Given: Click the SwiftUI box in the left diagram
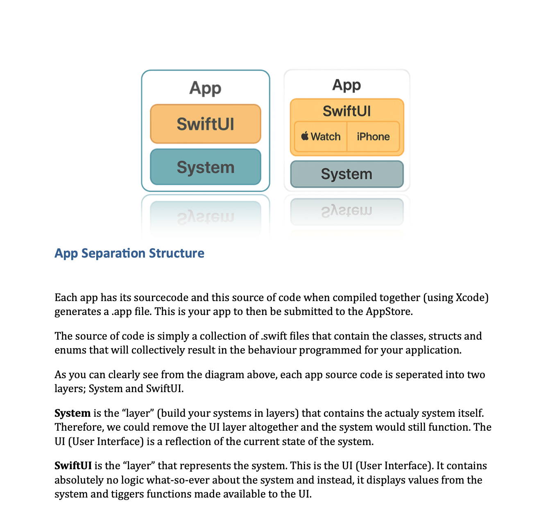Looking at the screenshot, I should tap(205, 124).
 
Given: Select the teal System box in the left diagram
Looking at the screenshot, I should tap(205, 167).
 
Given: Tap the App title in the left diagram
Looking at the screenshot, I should tap(205, 88).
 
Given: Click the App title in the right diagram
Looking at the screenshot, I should tap(346, 85).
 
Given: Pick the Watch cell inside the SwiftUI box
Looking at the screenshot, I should tap(325, 137).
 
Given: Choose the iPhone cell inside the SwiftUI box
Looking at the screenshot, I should tap(373, 137).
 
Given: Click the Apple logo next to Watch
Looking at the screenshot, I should tap(305, 136).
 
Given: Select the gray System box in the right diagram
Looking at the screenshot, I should tap(346, 174).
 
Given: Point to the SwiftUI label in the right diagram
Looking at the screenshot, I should tap(346, 111).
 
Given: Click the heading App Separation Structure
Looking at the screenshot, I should tap(129, 253).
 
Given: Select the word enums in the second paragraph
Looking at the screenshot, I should tap(69, 350).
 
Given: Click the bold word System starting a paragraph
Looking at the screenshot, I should tap(72, 413).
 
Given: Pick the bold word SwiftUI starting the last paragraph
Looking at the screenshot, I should tap(73, 466).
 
